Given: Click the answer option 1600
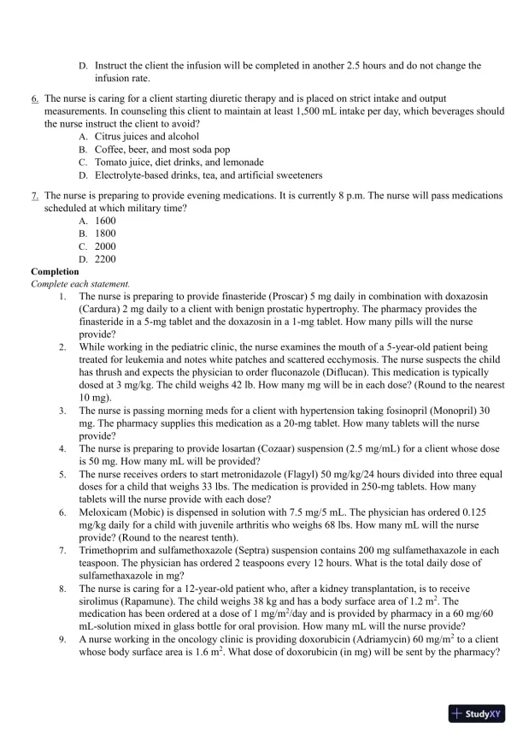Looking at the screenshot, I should point(105,220).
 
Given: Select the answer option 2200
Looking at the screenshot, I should point(105,258).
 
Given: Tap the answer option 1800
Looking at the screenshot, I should point(105,233).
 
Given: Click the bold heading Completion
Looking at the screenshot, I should point(55,271).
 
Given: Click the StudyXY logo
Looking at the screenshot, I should point(477,713).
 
